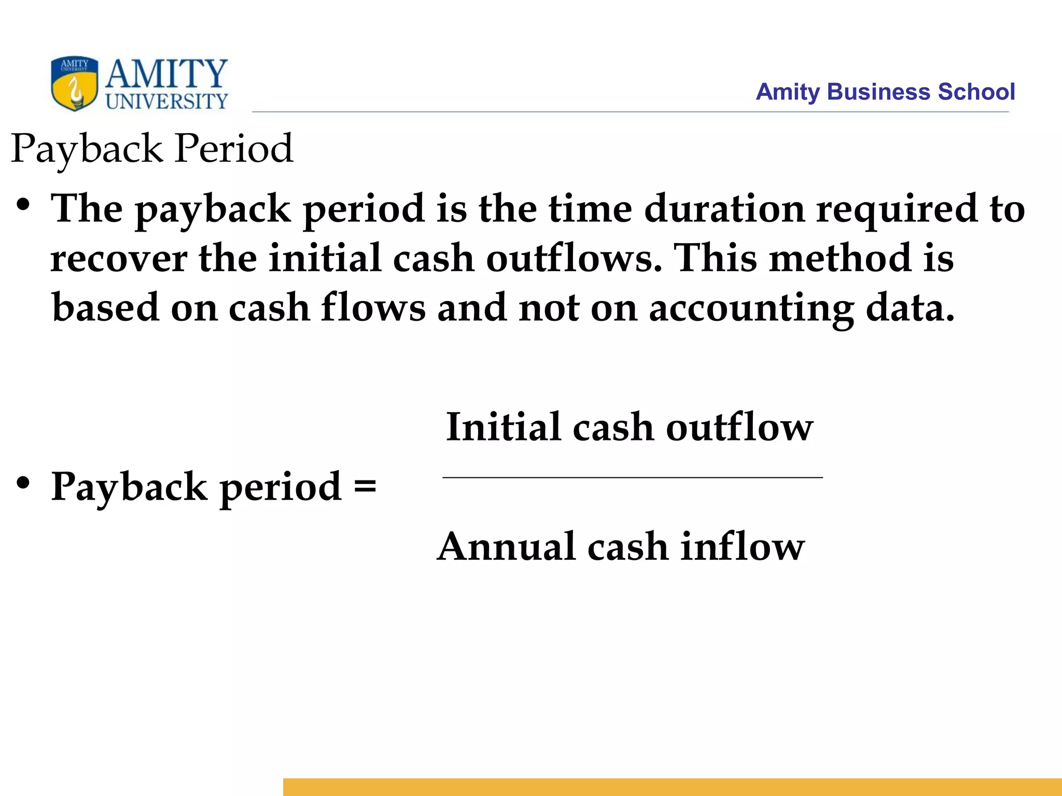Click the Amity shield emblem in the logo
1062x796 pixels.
click(75, 83)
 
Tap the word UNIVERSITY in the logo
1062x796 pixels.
click(167, 101)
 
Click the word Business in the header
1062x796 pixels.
click(879, 92)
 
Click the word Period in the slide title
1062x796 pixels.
click(234, 149)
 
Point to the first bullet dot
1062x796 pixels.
click(23, 205)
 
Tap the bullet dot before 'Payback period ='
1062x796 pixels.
click(23, 483)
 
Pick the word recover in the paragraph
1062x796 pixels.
click(119, 258)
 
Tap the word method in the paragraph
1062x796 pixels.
click(840, 258)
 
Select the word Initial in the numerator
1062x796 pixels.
click(504, 427)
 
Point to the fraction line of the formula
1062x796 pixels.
click(632, 477)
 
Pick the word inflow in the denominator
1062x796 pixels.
click(742, 547)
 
